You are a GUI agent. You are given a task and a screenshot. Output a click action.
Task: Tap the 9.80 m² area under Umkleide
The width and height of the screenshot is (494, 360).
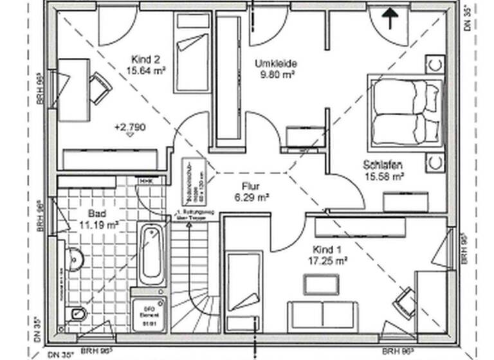(x=275, y=75)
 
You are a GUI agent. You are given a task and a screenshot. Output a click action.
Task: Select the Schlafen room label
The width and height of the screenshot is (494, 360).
(x=384, y=165)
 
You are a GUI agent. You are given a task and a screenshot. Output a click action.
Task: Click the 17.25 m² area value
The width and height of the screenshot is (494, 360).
(x=328, y=260)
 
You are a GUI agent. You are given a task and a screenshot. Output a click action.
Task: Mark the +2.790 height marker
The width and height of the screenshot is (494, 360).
(x=130, y=127)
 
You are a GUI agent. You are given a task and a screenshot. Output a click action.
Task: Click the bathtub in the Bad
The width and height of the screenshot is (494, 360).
(x=152, y=254)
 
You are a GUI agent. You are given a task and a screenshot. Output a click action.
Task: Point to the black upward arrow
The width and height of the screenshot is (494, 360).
(x=389, y=18)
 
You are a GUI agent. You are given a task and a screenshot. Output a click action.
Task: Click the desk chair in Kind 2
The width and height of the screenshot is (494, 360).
(x=100, y=87)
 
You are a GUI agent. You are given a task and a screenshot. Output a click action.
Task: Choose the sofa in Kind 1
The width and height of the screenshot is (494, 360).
(x=322, y=315)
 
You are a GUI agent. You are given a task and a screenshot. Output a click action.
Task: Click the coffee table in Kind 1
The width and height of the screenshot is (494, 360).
(x=321, y=283)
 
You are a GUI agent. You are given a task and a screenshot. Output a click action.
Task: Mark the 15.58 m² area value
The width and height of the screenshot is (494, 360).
(x=384, y=175)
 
